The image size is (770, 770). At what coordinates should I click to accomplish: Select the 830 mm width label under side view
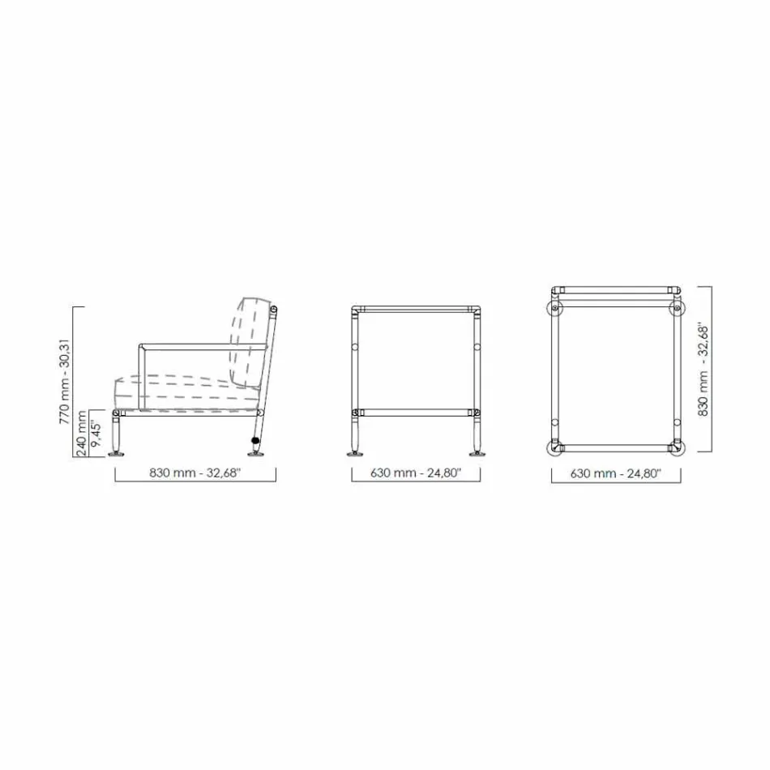[x=195, y=474]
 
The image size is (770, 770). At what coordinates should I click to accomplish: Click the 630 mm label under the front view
[x=415, y=474]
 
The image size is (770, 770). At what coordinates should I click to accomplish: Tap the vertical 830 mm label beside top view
[x=704, y=370]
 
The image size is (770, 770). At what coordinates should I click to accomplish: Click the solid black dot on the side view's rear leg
[x=255, y=441]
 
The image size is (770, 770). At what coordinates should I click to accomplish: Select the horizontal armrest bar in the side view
[x=203, y=347]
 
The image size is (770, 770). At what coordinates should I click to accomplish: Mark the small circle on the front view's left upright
[x=354, y=348]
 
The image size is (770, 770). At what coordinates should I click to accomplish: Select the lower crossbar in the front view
[x=415, y=412]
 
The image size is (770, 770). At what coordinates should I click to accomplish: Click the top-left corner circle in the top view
[x=554, y=308]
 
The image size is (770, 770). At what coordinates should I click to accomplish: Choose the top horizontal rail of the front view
[x=415, y=310]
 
